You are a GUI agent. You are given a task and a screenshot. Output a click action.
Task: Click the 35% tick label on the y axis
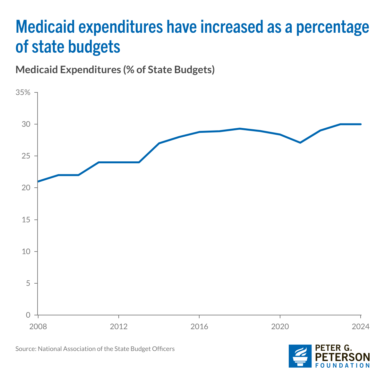click(x=23, y=93)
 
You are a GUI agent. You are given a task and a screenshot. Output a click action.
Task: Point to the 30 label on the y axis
click(x=27, y=124)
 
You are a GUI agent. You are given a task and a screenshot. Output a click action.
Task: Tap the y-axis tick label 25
click(x=27, y=156)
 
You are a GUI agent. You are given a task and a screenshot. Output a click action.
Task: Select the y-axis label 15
click(x=27, y=220)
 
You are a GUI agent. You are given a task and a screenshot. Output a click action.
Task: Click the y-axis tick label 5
click(x=28, y=283)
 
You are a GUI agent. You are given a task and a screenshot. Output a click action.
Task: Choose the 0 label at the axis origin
click(x=28, y=315)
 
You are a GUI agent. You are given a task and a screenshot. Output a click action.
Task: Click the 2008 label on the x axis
click(x=38, y=327)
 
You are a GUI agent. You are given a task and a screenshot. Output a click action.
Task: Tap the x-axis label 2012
click(x=119, y=327)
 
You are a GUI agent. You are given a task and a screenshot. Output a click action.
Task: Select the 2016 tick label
click(x=200, y=327)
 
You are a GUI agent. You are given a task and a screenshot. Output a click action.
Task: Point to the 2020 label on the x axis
click(x=280, y=327)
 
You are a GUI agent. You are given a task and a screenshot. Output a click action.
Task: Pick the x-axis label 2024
click(x=361, y=327)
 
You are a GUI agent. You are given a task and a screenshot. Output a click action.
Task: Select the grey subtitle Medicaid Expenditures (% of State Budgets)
click(x=115, y=70)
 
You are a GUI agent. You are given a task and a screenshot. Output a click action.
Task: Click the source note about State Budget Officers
click(x=95, y=349)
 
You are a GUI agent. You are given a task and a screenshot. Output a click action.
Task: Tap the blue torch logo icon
click(x=300, y=356)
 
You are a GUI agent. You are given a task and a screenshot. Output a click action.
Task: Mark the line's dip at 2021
click(x=300, y=142)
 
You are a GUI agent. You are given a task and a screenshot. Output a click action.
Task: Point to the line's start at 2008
click(x=38, y=182)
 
